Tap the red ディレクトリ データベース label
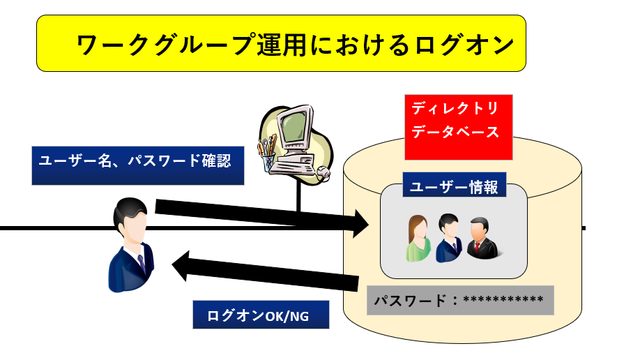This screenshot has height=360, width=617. pyautogui.click(x=459, y=119)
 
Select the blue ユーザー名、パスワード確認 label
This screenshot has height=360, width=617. pyautogui.click(x=138, y=165)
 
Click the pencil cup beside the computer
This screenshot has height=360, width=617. pyautogui.click(x=267, y=156)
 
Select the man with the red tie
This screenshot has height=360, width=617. pyautogui.click(x=481, y=237)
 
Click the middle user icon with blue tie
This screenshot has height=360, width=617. pyautogui.click(x=448, y=238)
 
